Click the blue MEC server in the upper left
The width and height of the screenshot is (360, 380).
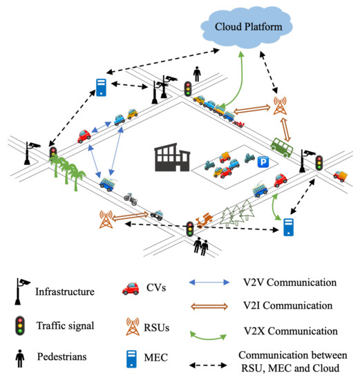[100, 88]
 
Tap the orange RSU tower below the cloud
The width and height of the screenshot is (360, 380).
[279, 105]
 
